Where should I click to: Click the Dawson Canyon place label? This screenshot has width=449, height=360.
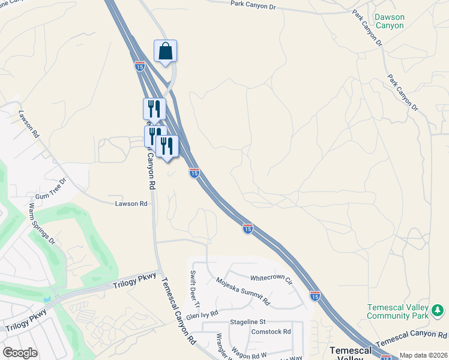389,22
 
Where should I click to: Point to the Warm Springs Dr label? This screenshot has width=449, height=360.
41,224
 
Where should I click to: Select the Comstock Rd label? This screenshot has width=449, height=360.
271,331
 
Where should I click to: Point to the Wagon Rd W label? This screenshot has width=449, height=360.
258,347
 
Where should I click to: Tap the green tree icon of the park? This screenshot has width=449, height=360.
439,310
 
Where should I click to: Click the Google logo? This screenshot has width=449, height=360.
20,352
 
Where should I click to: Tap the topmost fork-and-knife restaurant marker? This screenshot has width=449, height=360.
154,109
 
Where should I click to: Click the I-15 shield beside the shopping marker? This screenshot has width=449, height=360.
139,66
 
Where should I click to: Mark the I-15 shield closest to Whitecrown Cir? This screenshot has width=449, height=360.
315,296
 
